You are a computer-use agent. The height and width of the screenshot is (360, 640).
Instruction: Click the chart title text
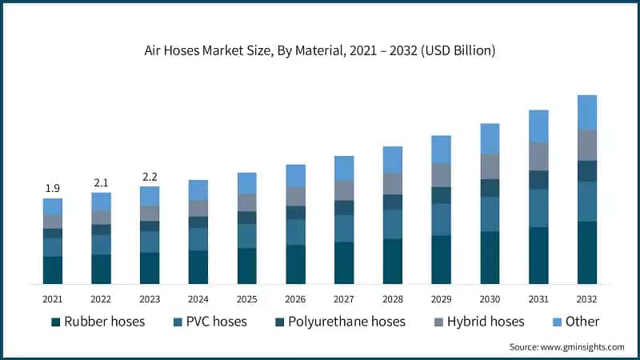point(320,50)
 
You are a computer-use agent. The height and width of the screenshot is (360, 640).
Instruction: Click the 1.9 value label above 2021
point(52,188)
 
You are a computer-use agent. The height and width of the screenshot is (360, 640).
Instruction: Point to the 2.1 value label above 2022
point(102,182)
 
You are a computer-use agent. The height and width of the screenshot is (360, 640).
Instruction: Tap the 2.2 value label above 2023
point(150,176)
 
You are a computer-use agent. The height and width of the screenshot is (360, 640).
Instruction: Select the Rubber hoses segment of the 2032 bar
point(587,252)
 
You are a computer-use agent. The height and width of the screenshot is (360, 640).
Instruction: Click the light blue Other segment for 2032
point(587,112)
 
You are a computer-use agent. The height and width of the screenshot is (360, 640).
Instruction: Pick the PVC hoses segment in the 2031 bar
point(538,208)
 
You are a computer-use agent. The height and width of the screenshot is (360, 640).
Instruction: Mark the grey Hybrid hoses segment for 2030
point(490,166)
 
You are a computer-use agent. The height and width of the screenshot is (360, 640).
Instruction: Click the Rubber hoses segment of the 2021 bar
point(53,270)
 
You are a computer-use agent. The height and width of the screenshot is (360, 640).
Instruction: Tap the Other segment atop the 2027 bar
point(344,168)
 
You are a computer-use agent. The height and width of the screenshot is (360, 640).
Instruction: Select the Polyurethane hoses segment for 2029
point(441,195)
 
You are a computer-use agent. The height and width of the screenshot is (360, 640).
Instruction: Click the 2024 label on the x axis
point(198,299)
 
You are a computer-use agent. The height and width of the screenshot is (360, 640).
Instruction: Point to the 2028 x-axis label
point(393,299)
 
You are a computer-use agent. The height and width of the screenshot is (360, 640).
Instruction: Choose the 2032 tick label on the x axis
point(587,299)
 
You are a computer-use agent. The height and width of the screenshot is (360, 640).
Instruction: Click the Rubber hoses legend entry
point(98,322)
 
